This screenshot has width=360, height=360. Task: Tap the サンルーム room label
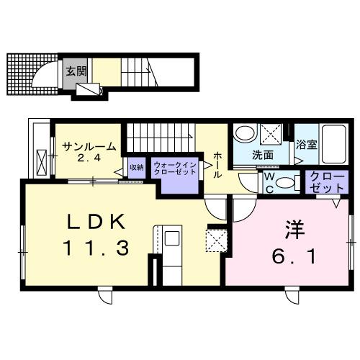click(x=89, y=146)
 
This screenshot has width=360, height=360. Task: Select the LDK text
click(x=96, y=222)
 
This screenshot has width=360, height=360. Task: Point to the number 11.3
click(x=96, y=248)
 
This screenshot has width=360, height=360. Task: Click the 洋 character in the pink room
click(x=294, y=230)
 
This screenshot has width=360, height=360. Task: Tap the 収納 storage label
click(x=137, y=167)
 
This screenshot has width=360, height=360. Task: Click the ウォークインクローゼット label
click(x=175, y=168)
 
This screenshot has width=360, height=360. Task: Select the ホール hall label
click(x=217, y=165)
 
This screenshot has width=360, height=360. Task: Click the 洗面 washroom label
click(x=263, y=156)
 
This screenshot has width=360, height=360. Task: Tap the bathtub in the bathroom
click(x=334, y=144)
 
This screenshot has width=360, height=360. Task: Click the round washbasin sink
click(x=245, y=132)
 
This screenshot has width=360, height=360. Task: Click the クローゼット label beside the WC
click(x=327, y=182)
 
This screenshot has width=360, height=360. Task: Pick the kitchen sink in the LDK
click(x=172, y=238)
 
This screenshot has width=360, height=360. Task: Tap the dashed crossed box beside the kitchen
click(x=217, y=240)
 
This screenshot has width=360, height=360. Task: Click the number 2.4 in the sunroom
click(x=89, y=158)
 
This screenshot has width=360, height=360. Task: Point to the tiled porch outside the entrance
click(x=32, y=74)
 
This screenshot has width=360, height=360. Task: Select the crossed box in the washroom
click(x=271, y=134)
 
